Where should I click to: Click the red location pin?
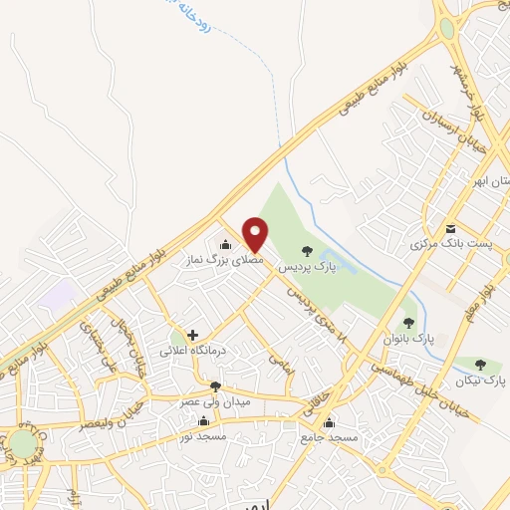tap(256, 234)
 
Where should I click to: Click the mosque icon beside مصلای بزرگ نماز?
tap(225, 244)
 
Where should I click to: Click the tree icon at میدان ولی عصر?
tap(214, 385)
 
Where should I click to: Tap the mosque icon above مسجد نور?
tap(204, 420)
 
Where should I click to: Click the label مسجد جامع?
tap(329, 437)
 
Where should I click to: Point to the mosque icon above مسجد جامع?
tap(330, 420)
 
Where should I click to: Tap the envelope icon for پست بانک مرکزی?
tap(450, 228)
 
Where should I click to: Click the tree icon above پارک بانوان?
tap(407, 323)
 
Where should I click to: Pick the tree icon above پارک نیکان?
tap(482, 365)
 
